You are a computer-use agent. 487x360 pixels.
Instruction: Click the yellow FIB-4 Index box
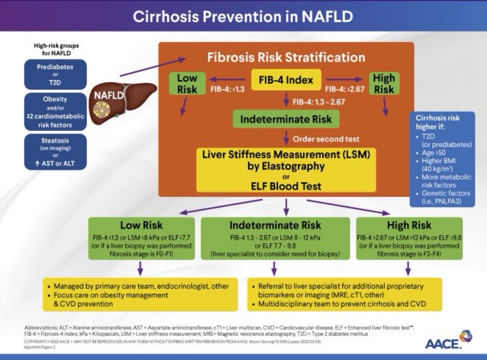(286, 80)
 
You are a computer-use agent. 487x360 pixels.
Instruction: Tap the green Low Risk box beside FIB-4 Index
(187, 84)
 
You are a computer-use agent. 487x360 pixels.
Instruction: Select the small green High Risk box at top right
(384, 84)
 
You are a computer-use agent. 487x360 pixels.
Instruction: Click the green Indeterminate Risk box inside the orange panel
(286, 119)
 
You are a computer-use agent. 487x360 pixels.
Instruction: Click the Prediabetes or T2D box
(55, 74)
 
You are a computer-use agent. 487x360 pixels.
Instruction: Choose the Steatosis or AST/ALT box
(55, 152)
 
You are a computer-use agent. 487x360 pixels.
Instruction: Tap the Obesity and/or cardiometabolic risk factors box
(55, 112)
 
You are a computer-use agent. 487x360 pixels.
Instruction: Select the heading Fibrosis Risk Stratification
(286, 57)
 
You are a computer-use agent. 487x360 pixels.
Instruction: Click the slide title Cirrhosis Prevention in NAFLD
(243, 16)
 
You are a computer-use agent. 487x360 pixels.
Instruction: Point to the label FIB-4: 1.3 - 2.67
(319, 102)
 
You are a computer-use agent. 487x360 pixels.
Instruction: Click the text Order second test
(326, 139)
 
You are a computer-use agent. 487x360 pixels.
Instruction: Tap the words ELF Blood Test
(286, 186)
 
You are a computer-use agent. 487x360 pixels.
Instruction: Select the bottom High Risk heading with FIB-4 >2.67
(409, 225)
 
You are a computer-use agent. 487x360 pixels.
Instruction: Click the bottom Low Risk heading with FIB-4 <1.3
(141, 225)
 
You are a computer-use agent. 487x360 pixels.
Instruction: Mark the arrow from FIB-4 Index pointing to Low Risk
(227, 79)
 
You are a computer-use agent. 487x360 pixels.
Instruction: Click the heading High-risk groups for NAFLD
(56, 49)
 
